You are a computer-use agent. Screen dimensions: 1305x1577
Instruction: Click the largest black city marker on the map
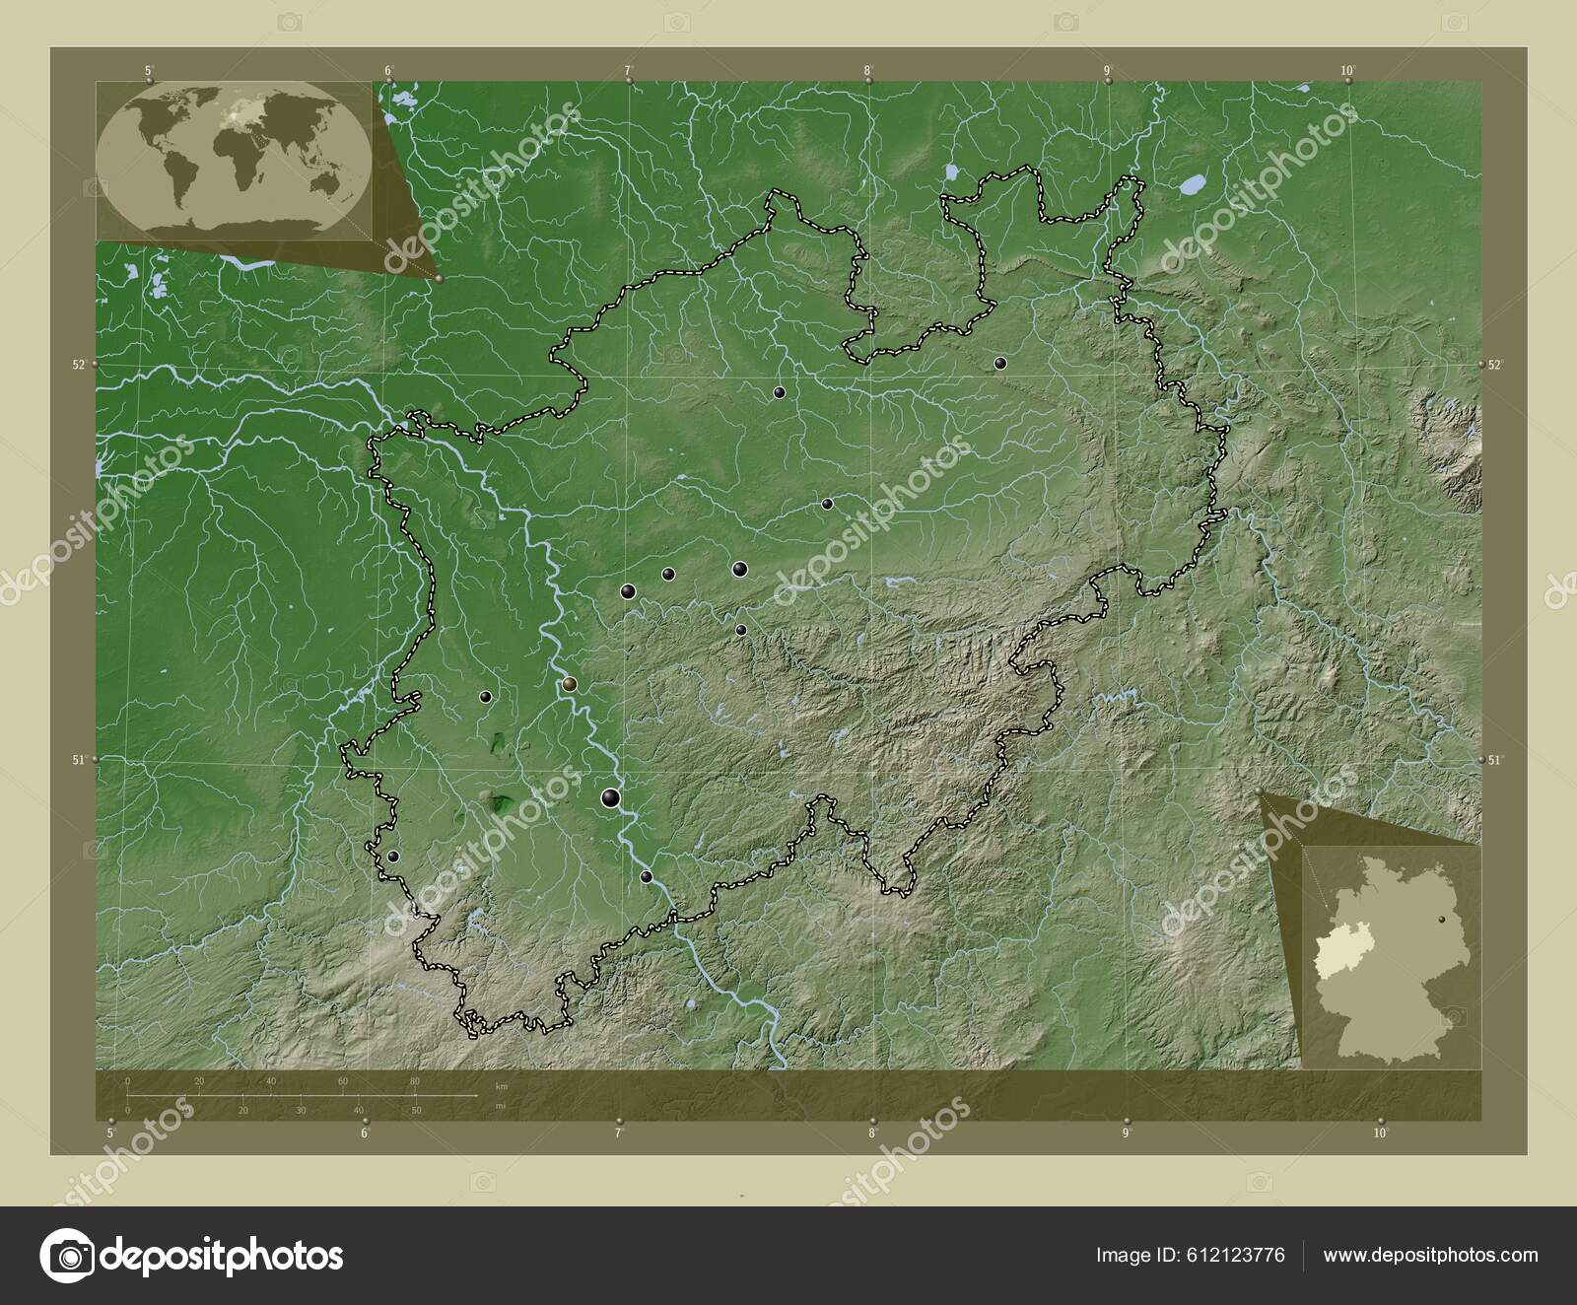click(x=611, y=798)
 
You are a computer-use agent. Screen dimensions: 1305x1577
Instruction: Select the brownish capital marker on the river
click(x=570, y=684)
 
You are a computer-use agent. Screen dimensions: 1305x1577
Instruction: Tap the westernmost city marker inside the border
click(x=393, y=858)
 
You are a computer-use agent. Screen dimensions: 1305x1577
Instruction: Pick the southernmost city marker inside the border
click(x=647, y=876)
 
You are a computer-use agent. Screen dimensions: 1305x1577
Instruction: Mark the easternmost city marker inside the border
click(x=1000, y=364)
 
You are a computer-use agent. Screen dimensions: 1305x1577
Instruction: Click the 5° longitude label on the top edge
click(x=149, y=70)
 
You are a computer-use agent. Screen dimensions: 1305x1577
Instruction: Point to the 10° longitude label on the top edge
click(x=1347, y=70)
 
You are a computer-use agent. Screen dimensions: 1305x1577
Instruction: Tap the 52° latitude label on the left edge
click(x=77, y=365)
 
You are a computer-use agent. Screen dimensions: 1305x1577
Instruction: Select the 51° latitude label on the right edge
click(x=1495, y=760)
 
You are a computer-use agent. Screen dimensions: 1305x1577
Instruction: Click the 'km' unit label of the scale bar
click(x=502, y=1085)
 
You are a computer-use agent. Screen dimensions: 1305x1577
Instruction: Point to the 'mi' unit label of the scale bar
click(x=502, y=1107)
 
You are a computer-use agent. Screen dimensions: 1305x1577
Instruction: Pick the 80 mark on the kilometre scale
click(x=415, y=1082)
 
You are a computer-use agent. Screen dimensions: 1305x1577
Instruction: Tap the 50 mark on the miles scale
click(x=417, y=1110)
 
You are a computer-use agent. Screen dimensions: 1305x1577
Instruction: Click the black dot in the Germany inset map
click(x=1443, y=920)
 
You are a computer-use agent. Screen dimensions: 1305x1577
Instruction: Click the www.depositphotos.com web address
click(x=1430, y=1255)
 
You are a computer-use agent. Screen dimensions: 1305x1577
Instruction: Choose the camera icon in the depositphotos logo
click(x=68, y=1256)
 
